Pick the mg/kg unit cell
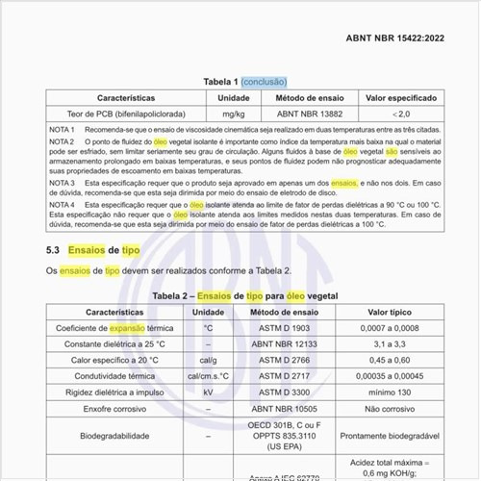pyautogui.click(x=233, y=114)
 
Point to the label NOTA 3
pyautogui.click(x=62, y=182)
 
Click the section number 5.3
pyautogui.click(x=54, y=249)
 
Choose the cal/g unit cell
pyautogui.click(x=208, y=360)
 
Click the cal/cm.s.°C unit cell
pyautogui.click(x=208, y=376)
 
